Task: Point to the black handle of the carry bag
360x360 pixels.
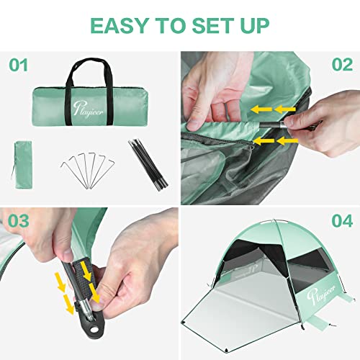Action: point(90,70)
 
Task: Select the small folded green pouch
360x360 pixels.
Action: point(23,165)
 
